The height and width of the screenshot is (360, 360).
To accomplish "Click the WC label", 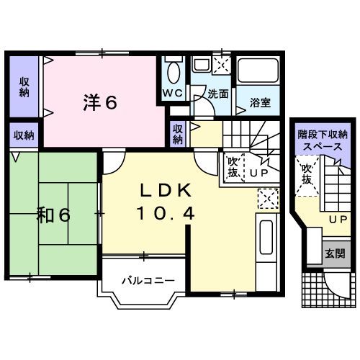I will (173, 94).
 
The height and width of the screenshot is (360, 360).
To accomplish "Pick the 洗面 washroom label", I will (218, 94).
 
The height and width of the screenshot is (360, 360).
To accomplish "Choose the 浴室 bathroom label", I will (260, 102).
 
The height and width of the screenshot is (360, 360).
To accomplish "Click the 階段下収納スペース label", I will (323, 140).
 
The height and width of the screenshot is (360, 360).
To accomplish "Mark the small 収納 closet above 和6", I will (24, 135).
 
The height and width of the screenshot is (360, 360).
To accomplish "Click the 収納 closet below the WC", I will (178, 133).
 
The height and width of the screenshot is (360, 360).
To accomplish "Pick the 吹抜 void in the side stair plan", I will (307, 175).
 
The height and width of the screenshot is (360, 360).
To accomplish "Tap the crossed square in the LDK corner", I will (266, 197).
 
